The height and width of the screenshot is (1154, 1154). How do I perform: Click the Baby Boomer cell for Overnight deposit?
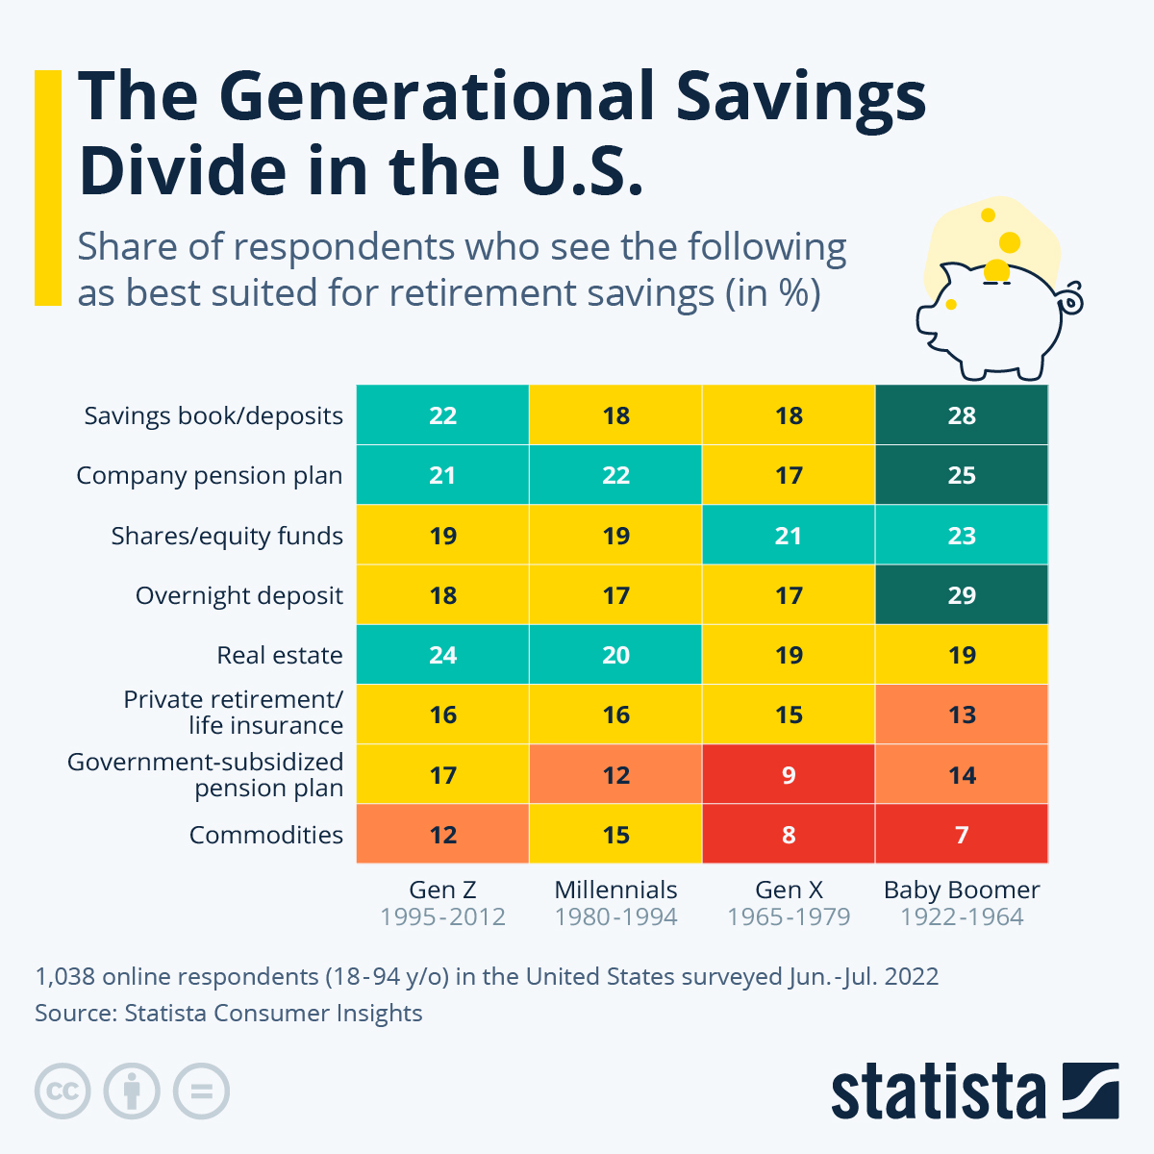tap(962, 595)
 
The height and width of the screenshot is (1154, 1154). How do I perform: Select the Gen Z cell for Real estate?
tap(442, 655)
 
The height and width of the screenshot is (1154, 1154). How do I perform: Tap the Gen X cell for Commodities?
tap(789, 834)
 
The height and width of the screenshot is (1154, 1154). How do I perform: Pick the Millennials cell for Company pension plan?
tap(615, 475)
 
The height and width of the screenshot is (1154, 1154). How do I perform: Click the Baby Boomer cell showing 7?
tap(962, 834)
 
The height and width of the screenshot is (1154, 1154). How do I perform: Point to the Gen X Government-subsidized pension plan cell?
tap(789, 774)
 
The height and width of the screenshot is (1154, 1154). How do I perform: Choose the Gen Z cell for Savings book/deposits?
tap(442, 415)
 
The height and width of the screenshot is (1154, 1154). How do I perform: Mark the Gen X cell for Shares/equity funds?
tap(789, 536)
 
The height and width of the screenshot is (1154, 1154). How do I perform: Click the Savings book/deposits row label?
tap(213, 416)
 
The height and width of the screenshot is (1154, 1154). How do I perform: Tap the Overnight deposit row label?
tap(238, 596)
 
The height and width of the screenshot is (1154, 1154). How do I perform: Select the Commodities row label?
tap(265, 835)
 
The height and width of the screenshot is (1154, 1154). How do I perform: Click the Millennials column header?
tap(615, 891)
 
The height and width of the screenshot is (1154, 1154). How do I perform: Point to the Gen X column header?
tap(789, 891)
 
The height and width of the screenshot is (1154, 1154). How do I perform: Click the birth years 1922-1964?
tap(962, 917)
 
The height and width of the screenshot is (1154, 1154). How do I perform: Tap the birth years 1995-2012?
tap(442, 917)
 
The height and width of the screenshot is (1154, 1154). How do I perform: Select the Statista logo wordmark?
tap(938, 1091)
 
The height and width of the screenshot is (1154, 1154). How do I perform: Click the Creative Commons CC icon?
tap(63, 1091)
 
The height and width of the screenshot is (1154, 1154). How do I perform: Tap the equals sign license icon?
tap(202, 1091)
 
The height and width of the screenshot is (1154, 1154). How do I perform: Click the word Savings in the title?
tap(800, 96)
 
